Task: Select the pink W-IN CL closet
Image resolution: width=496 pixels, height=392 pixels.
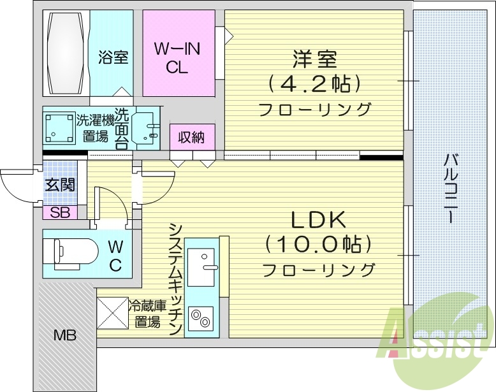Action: point(178,57)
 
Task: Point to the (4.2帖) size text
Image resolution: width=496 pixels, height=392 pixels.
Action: point(314,83)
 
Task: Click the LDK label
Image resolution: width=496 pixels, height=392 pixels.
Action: point(318,221)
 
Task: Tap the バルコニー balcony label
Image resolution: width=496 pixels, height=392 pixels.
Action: point(450,187)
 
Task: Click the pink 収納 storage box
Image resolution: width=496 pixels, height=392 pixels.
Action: point(192,136)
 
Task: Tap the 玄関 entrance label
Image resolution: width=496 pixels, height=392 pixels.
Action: point(59,185)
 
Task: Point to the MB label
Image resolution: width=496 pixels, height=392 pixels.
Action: point(64,334)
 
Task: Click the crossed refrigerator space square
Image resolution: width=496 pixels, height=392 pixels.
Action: point(112,313)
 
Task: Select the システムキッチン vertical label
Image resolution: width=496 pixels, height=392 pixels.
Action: point(175,278)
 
